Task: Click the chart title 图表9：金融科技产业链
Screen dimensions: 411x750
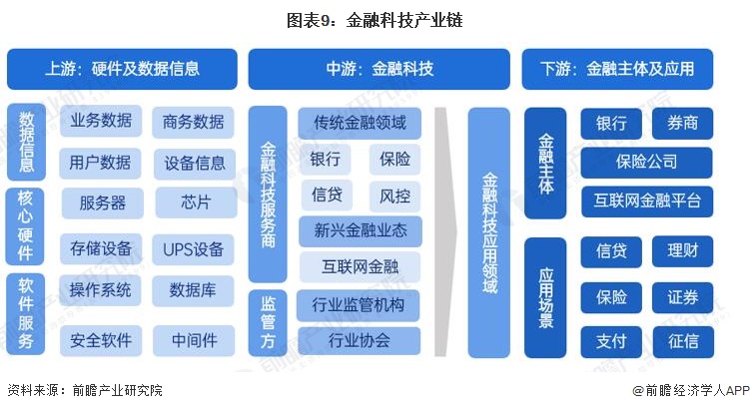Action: (375, 19)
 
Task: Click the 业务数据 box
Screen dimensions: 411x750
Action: (101, 122)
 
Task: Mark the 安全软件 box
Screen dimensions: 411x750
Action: (101, 340)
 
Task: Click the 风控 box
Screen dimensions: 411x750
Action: (388, 194)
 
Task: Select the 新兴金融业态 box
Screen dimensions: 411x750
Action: (360, 230)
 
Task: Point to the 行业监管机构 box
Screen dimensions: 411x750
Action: (359, 304)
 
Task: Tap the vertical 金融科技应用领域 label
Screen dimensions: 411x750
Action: (489, 231)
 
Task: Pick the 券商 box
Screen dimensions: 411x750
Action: (683, 124)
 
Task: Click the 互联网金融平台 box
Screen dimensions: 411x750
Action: (646, 201)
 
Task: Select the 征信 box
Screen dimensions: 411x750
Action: (683, 340)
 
